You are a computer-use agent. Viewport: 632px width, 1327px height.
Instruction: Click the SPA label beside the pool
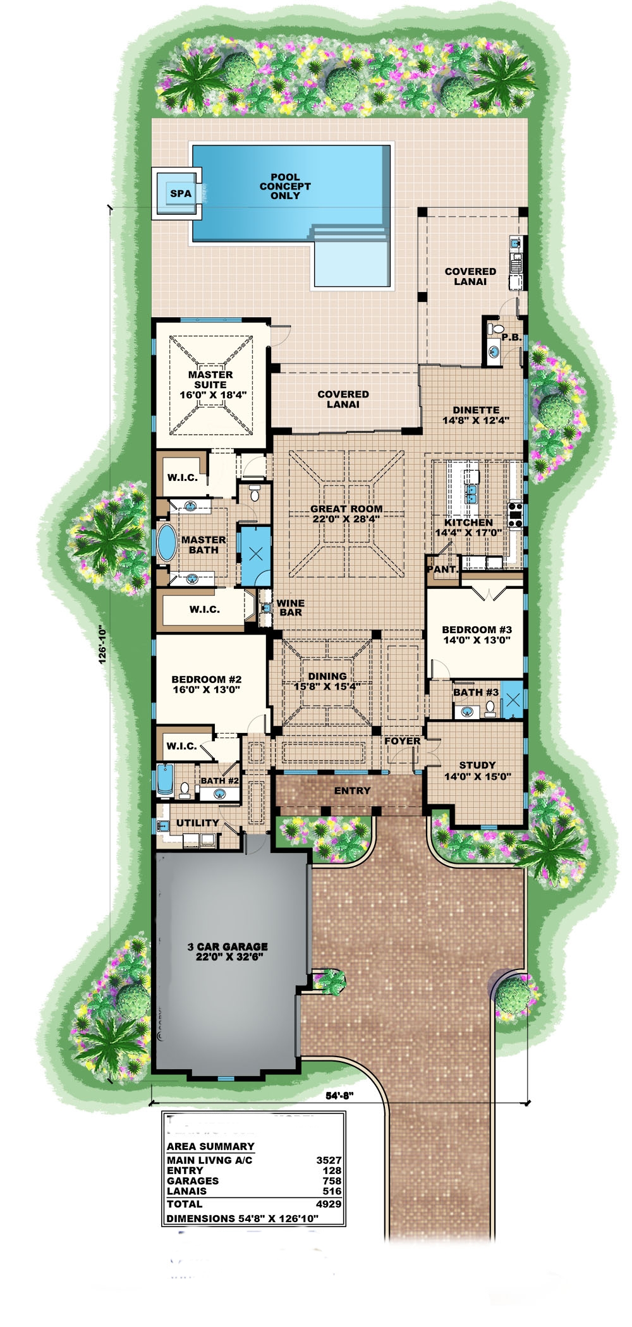[x=181, y=193]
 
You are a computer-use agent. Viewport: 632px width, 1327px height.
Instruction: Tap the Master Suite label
[x=210, y=384]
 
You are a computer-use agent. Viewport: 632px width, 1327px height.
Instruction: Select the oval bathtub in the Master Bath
[x=167, y=542]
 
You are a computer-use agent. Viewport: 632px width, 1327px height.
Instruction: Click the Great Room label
[x=346, y=514]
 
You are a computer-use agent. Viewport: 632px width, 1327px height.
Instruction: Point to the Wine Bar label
[x=290, y=607]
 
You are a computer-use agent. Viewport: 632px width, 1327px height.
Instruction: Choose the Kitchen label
[x=468, y=528]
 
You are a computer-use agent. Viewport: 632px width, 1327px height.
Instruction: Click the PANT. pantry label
[x=442, y=569]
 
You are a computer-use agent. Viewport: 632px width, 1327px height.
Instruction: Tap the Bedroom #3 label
[x=477, y=634]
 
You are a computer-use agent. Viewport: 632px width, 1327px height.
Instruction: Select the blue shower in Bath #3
[x=513, y=700]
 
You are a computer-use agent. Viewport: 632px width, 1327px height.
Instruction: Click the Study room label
[x=477, y=770]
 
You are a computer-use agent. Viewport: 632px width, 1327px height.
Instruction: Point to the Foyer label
[x=403, y=741]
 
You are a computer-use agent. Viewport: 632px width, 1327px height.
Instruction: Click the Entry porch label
[x=353, y=791]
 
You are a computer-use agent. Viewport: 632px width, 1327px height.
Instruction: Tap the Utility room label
[x=197, y=823]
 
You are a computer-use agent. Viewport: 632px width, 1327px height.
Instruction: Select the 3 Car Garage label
[x=228, y=951]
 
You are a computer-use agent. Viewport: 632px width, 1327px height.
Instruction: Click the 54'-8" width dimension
[x=339, y=1096]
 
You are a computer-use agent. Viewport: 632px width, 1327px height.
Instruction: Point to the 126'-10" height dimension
[x=102, y=645]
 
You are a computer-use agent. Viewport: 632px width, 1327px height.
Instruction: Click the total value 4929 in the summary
[x=329, y=1204]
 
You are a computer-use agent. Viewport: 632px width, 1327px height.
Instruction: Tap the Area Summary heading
[x=210, y=1146]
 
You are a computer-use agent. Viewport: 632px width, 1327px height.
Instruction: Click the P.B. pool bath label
[x=511, y=337]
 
